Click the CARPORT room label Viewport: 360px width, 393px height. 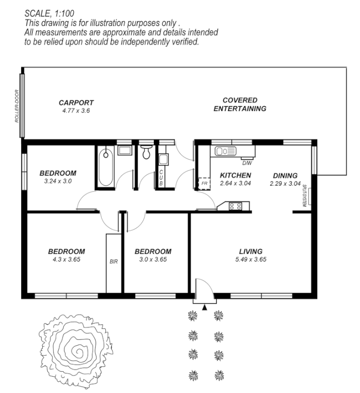tap(76, 103)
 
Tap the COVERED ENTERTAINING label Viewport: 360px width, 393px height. tap(240, 104)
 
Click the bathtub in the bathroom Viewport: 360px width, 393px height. tap(106, 167)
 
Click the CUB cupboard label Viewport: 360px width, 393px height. tap(161, 177)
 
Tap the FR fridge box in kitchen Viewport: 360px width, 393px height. tap(203, 183)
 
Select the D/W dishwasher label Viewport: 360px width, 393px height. tap(246, 163)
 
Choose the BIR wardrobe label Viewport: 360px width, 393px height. tap(113, 261)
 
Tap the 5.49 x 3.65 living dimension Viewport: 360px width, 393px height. tap(250, 259)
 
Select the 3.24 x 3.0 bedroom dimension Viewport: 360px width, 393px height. tap(58, 181)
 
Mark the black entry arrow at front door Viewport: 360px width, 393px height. tap(204, 307)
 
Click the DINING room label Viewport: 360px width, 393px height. tap(285, 175)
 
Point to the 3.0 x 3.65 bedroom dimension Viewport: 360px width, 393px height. tap(152, 259)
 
